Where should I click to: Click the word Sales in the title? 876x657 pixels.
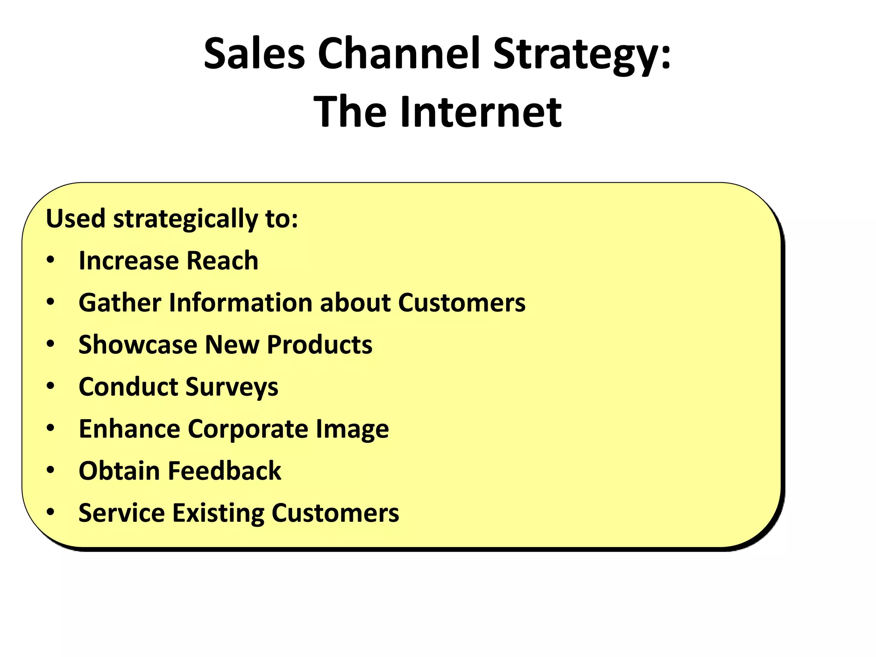coord(254,53)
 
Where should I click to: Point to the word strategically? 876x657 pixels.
coord(185,219)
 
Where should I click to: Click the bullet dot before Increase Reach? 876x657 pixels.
coord(51,260)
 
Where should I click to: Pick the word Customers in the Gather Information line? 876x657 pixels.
coord(462,302)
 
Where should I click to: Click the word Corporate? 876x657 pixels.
coord(248,429)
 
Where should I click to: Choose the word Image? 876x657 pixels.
coord(352,429)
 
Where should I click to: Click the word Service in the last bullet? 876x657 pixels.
coord(121,512)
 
